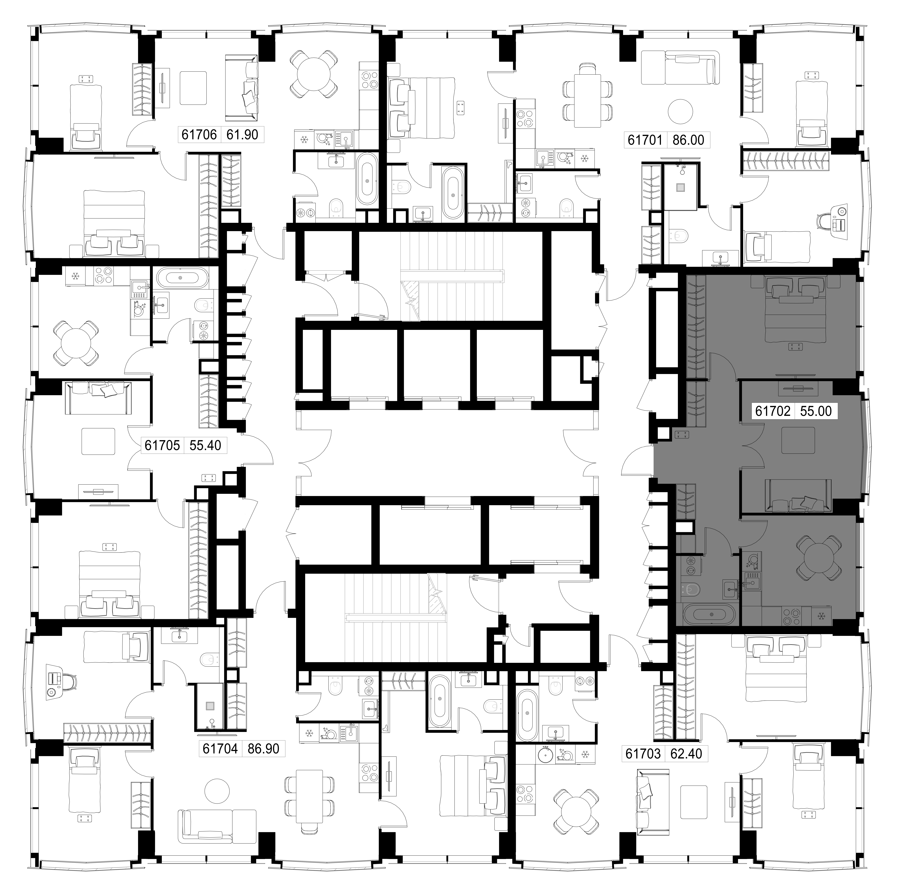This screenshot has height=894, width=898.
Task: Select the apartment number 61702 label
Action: coord(773,411)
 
